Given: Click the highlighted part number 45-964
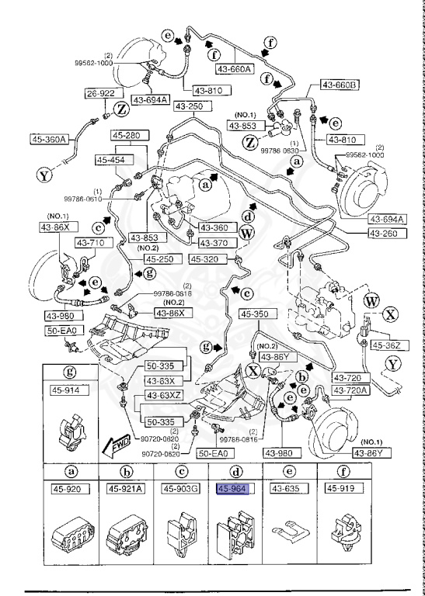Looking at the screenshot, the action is pos(232,489).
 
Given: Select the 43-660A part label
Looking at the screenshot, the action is pos(235,69).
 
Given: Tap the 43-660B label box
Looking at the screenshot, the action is pos(340,85).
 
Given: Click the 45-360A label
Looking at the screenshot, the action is pos(49,139).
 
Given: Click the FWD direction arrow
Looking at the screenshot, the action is pos(117,445).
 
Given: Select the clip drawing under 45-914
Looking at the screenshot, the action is pos(71,431).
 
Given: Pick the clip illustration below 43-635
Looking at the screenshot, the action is pos(289,531).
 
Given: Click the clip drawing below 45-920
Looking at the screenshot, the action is pos(72,532).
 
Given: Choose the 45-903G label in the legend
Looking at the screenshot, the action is pos(181,489).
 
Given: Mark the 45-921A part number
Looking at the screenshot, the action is pos(126,489).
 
